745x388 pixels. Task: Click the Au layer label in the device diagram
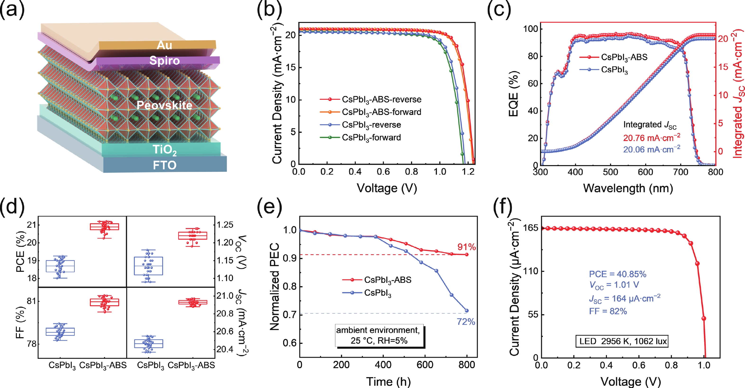pyautogui.click(x=164, y=45)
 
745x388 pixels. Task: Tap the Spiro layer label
pyautogui.click(x=164, y=61)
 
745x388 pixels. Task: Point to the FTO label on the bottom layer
pyautogui.click(x=164, y=165)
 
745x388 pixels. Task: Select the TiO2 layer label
pyautogui.click(x=164, y=150)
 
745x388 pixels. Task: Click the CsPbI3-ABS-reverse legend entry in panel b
pyautogui.click(x=381, y=100)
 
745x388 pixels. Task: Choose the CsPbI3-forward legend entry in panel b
pyautogui.click(x=371, y=138)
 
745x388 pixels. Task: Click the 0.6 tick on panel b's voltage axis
pyautogui.click(x=383, y=172)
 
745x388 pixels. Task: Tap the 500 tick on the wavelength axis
pyautogui.click(x=610, y=172)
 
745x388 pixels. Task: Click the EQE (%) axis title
pyautogui.click(x=514, y=94)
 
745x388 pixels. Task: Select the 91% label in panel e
pyautogui.click(x=466, y=247)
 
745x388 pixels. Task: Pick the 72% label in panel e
pyautogui.click(x=466, y=322)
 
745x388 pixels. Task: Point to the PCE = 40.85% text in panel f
pyautogui.click(x=618, y=274)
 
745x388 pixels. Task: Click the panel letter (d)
pyautogui.click(x=12, y=206)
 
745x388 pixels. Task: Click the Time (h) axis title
pyautogui.click(x=388, y=381)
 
